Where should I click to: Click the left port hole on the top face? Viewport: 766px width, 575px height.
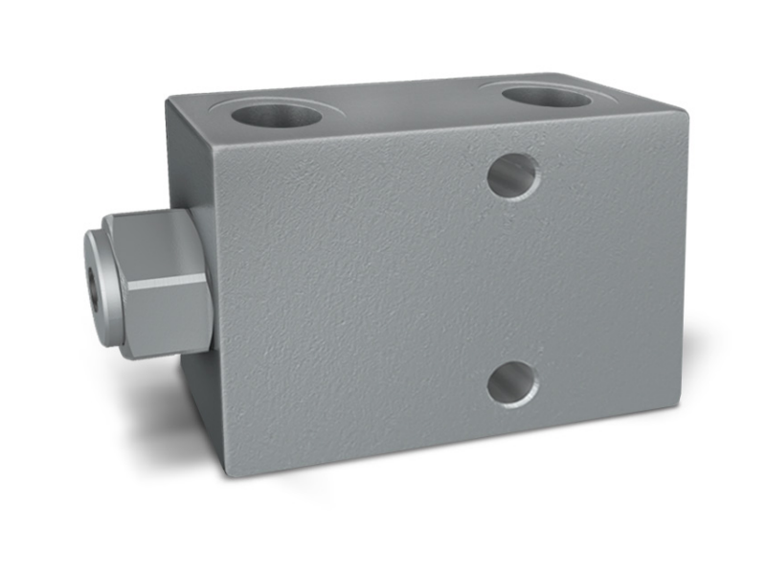click(x=277, y=114)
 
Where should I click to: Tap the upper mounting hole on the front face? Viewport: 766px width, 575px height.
click(x=513, y=175)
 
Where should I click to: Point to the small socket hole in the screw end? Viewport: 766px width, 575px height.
click(x=92, y=281)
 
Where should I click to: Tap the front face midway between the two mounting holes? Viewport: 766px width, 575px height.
click(x=513, y=280)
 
